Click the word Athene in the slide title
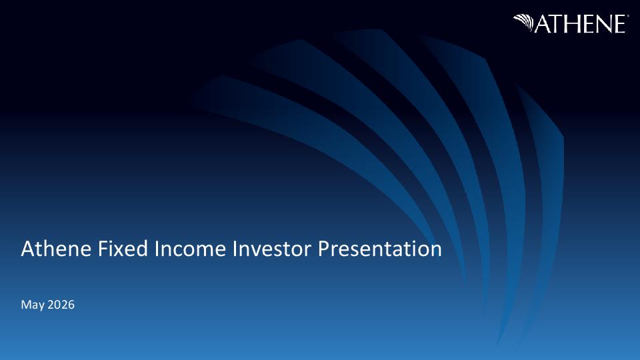[56, 249]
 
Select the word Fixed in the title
[123, 249]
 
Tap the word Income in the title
[190, 249]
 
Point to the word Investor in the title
[271, 249]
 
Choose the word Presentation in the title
[380, 249]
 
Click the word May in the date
[33, 305]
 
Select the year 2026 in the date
[61, 305]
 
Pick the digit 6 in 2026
[71, 305]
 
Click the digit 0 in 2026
[57, 305]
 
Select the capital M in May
[25, 305]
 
